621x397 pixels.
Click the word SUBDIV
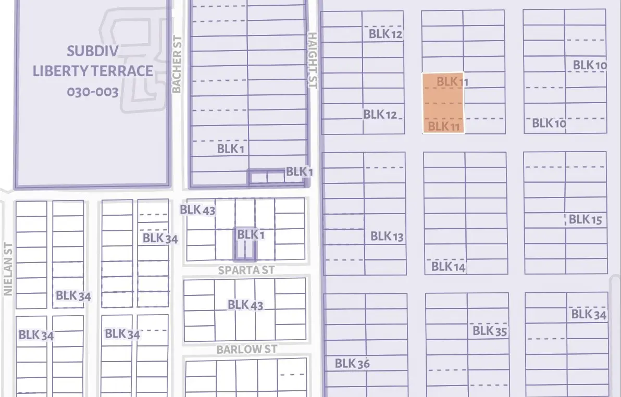pos(93,51)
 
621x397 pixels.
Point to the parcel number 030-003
pos(93,92)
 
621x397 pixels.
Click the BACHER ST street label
pos(177,64)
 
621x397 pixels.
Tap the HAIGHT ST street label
pos(312,60)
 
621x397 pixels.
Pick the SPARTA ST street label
pos(246,270)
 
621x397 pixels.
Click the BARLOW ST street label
pos(247,349)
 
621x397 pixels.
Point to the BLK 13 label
pos(387,237)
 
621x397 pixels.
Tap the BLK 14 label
pos(448,267)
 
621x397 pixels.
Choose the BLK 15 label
pos(585,219)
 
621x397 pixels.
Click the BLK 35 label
pos(490,331)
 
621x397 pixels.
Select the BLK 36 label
pos(352,364)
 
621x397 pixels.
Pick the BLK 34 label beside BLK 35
pos(589,314)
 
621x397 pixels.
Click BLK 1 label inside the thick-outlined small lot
pos(251,235)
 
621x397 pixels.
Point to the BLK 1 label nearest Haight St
pos(299,171)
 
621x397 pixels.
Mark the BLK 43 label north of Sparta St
pos(197,210)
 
